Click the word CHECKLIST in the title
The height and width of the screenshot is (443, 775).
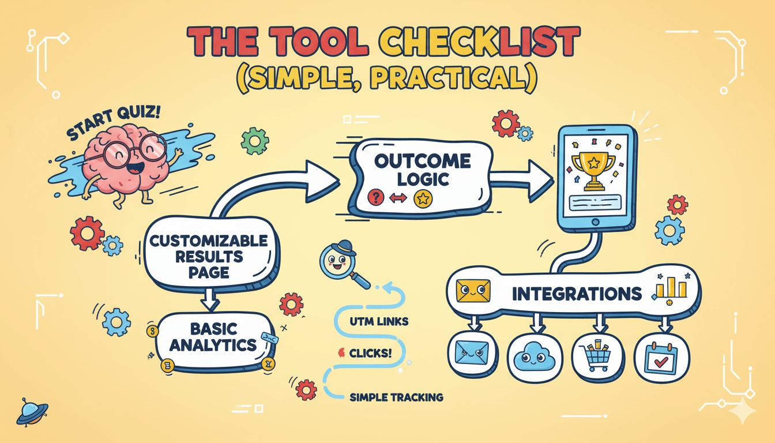coord(480,42)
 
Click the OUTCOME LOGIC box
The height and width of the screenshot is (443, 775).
coord(422,178)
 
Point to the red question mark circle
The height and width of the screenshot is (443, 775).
coord(376,198)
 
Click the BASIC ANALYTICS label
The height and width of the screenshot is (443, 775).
coord(213,337)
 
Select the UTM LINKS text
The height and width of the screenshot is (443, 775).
coord(379,321)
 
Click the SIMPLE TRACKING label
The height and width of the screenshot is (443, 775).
coord(397,397)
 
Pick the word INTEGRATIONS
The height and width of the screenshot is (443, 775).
coord(577,294)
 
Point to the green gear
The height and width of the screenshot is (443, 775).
coord(255,141)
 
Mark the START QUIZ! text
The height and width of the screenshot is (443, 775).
coord(113,123)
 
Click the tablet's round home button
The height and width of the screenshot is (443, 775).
coord(596,222)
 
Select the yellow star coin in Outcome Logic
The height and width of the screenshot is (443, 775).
coord(423,198)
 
